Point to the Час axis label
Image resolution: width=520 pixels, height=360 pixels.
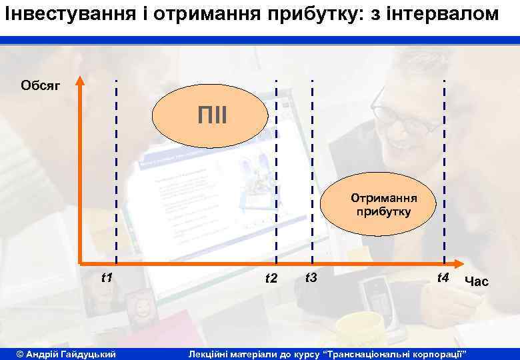tap(477, 282)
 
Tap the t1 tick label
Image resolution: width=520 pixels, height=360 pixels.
tap(106, 277)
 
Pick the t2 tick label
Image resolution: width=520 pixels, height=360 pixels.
tap(271, 278)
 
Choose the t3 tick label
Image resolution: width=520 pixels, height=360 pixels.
tap(311, 277)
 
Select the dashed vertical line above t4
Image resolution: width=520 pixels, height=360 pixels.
tap(445, 133)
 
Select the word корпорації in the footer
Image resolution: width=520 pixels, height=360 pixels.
tap(441, 352)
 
